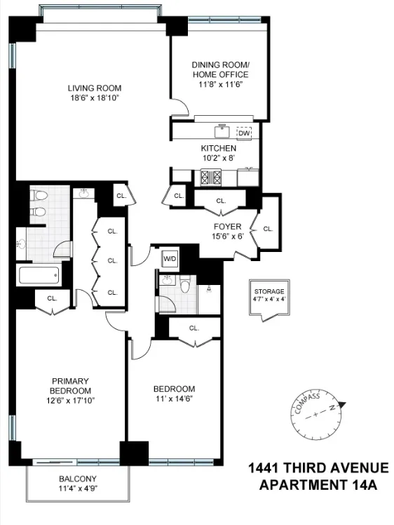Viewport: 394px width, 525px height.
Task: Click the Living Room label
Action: [95, 88]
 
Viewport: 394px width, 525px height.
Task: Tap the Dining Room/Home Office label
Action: [221, 70]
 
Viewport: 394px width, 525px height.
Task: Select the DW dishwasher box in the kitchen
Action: [244, 133]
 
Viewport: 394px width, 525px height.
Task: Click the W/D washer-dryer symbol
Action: [170, 259]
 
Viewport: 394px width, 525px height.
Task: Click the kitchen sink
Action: [223, 130]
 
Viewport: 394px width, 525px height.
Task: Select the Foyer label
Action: [227, 227]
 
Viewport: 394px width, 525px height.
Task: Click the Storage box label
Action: [269, 291]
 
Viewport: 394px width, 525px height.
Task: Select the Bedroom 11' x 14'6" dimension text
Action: [174, 399]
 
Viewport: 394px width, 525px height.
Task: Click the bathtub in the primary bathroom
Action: [40, 275]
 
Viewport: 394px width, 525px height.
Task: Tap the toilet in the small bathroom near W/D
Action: [185, 286]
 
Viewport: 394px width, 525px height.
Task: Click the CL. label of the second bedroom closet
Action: [193, 328]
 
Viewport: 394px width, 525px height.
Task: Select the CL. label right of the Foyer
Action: [267, 228]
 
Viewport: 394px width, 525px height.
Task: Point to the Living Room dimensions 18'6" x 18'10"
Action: [95, 99]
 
